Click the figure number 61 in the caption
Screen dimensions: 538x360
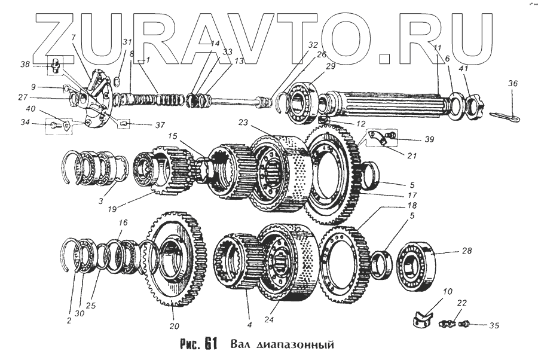click(x=209, y=344)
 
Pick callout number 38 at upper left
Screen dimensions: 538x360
click(x=25, y=63)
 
